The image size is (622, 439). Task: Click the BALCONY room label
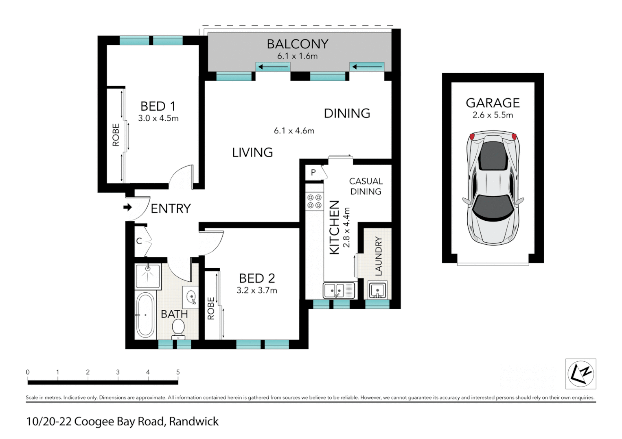click(297, 44)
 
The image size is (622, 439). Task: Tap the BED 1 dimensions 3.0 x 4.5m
click(158, 118)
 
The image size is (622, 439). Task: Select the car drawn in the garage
click(493, 187)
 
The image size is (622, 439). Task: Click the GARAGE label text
click(493, 103)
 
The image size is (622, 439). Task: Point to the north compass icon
click(580, 374)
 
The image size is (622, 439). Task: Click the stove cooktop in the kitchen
click(314, 202)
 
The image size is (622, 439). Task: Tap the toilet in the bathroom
click(178, 328)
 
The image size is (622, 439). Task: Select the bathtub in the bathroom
click(145, 315)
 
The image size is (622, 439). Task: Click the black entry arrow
click(128, 207)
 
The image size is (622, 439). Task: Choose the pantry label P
click(313, 172)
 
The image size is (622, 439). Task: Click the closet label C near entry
click(139, 241)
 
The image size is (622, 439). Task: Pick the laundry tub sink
click(377, 291)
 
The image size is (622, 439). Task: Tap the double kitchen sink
click(339, 291)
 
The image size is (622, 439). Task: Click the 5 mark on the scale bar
click(178, 372)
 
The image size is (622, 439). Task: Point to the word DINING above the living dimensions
click(347, 113)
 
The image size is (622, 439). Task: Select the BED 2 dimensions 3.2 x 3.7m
click(256, 291)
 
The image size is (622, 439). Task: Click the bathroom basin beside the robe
click(191, 297)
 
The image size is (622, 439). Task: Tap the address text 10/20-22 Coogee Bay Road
click(122, 422)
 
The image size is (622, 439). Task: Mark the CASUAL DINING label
click(366, 186)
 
